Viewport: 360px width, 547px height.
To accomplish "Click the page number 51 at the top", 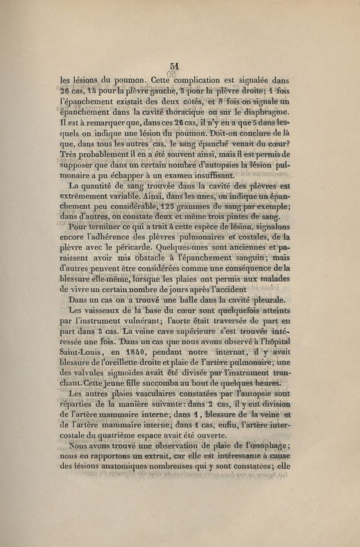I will coord(175,65).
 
